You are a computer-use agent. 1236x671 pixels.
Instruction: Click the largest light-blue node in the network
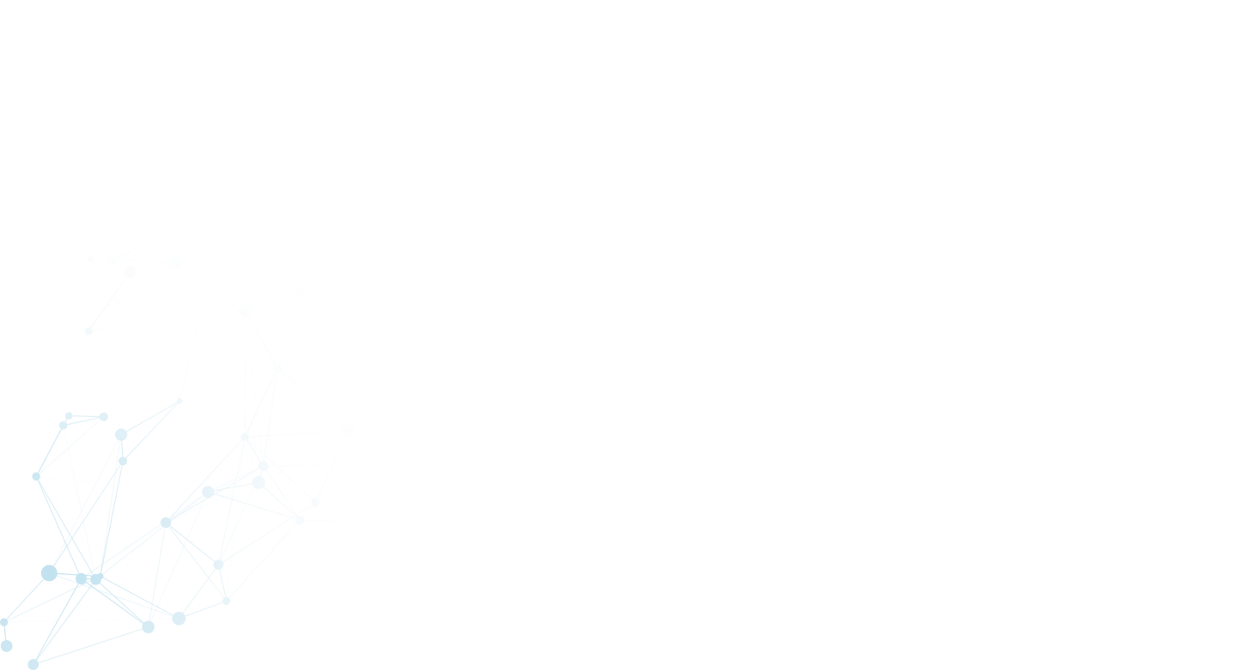(x=49, y=572)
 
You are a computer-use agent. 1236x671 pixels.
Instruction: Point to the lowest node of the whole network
(x=33, y=664)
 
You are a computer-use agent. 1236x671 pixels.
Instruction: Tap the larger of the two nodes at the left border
(x=6, y=645)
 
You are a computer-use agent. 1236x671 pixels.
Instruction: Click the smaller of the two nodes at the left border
(x=4, y=621)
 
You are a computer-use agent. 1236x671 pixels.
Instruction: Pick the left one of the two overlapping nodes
(x=82, y=579)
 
